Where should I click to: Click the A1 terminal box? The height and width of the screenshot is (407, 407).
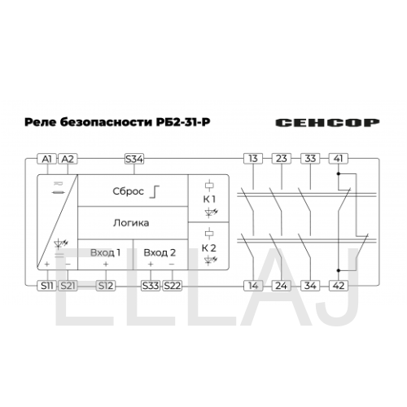pos(46,159)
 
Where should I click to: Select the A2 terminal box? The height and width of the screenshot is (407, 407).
pos(68,159)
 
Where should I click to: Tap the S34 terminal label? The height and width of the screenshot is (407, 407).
pos(134,159)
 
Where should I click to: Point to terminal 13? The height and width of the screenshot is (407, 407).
pos(253,159)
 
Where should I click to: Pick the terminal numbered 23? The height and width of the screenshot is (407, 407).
pos(282,159)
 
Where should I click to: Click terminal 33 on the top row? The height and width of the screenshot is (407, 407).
pos(310,159)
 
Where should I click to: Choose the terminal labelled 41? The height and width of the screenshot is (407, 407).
pos(339,159)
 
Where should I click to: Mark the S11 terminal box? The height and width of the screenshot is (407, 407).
pos(46,286)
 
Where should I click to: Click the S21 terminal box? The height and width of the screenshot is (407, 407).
pos(68,286)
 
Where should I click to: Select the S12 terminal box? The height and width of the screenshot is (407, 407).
pos(106,286)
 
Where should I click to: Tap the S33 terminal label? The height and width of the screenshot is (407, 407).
pos(151,286)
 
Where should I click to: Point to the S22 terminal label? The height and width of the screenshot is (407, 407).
pos(172,286)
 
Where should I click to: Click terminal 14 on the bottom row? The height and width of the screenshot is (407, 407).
pos(253,286)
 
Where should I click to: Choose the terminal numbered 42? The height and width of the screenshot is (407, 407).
pos(339,286)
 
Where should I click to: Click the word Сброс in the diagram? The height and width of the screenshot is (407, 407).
pos(128,191)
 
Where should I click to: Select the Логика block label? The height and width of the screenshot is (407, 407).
pos(131,223)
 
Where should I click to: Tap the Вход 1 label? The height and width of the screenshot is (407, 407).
pos(105,252)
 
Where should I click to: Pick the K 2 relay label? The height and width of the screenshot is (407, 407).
pos(209,248)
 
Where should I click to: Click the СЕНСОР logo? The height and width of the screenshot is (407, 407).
pos(327,123)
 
